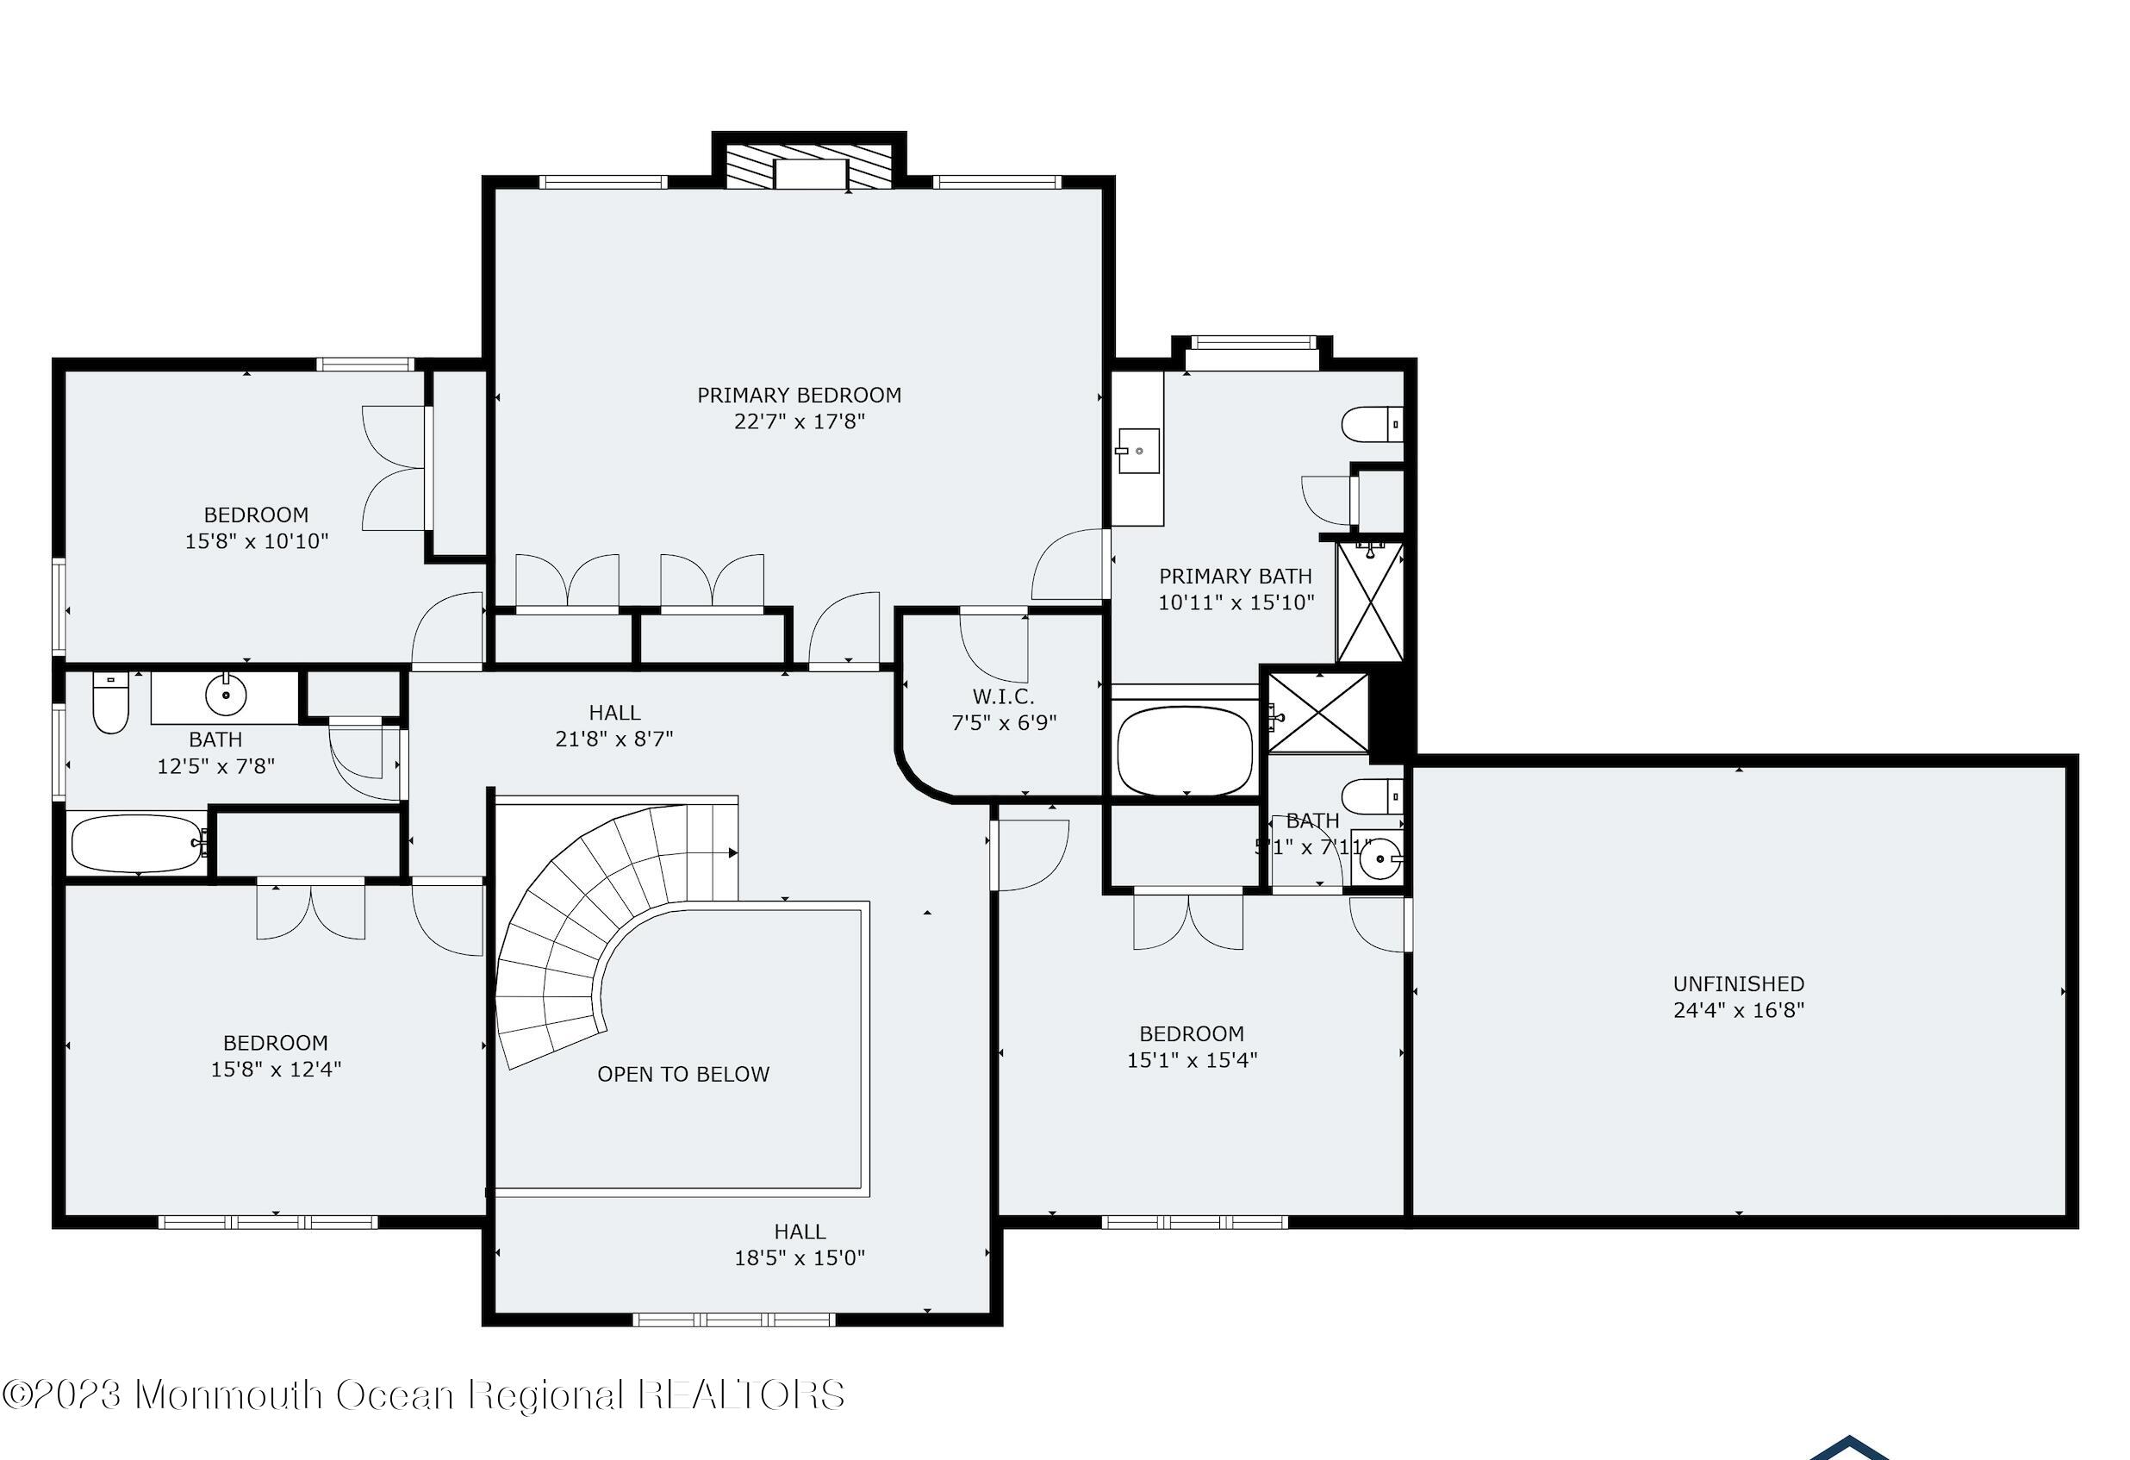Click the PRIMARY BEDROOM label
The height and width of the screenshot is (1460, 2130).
(x=800, y=395)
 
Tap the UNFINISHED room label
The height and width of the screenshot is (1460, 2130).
(x=1739, y=983)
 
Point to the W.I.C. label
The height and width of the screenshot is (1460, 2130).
(x=1004, y=696)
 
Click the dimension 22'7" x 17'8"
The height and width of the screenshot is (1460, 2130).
(x=800, y=421)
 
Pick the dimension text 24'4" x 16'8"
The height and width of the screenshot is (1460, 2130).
(x=1739, y=1010)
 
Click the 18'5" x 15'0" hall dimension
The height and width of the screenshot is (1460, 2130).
(x=800, y=1257)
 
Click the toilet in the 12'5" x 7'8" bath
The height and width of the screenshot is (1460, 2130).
(x=111, y=703)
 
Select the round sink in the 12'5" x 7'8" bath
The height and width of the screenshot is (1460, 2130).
(x=226, y=696)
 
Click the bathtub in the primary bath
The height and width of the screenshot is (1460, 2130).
(x=1185, y=751)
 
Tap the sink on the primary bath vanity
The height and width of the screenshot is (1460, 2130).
(x=1137, y=451)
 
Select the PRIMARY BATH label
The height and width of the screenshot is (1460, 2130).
(x=1236, y=577)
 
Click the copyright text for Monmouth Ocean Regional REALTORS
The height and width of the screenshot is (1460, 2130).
(x=422, y=1394)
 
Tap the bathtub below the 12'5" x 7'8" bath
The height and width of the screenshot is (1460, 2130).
(x=139, y=843)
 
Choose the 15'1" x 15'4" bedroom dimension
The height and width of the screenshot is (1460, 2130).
(x=1192, y=1059)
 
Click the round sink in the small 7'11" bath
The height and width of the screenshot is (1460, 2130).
(x=1378, y=858)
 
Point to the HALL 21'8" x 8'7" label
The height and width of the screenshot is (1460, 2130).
(x=614, y=725)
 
